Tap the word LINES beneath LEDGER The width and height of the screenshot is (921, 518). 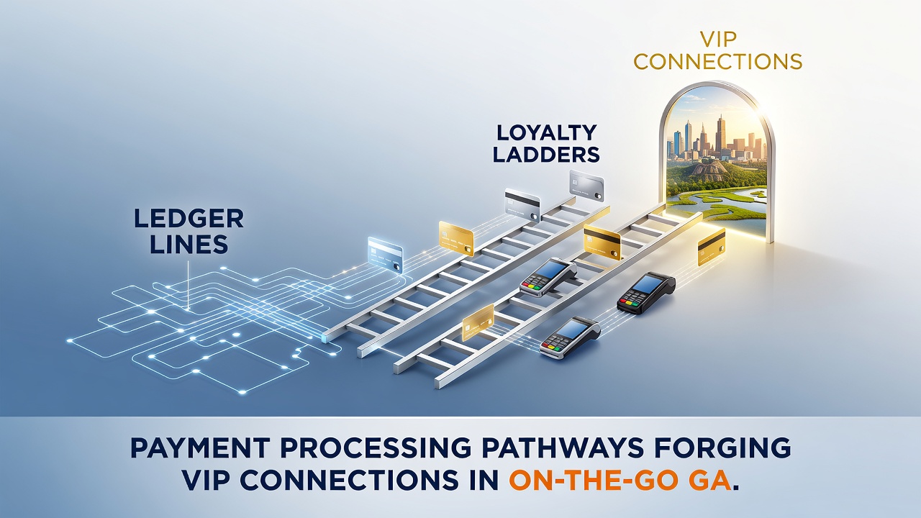(x=189, y=244)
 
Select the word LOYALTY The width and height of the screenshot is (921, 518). (x=547, y=133)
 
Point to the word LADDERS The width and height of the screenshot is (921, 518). (x=546, y=155)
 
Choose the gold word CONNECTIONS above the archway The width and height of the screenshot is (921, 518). (x=718, y=61)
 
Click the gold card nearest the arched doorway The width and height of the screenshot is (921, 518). (x=712, y=247)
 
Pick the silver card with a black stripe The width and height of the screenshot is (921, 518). (x=522, y=205)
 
